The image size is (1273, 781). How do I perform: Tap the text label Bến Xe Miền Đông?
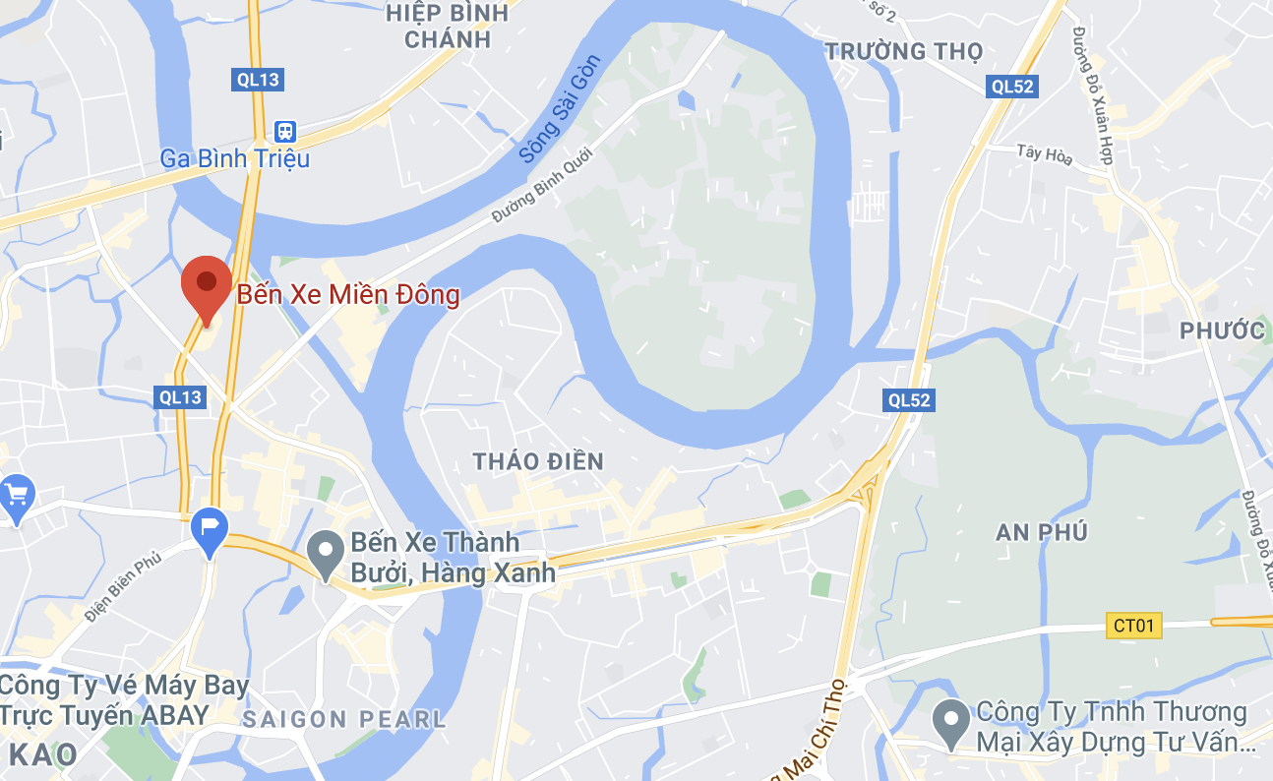[347, 294]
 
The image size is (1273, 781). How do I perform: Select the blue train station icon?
[285, 130]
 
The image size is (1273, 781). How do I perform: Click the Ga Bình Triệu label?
[235, 157]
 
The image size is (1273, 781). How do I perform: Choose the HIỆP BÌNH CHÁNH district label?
[448, 27]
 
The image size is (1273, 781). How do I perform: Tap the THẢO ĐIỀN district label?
[538, 461]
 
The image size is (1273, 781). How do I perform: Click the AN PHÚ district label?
[1042, 532]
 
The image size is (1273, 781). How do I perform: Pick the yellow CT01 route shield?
[1135, 625]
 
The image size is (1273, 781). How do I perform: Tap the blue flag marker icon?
[210, 529]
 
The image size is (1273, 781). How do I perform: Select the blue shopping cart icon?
[16, 493]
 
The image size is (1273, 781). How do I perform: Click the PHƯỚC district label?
[1222, 330]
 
